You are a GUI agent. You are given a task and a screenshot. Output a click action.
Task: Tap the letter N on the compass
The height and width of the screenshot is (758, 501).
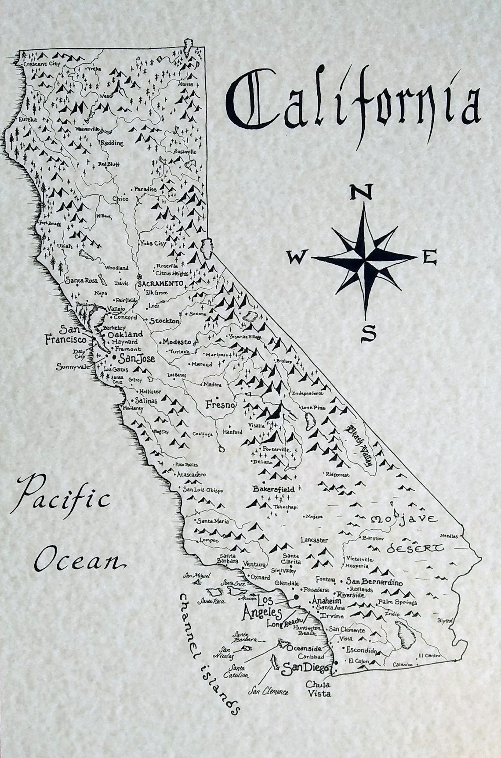[x=362, y=192]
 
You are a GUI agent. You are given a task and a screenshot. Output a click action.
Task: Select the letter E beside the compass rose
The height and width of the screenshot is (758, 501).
[x=429, y=258]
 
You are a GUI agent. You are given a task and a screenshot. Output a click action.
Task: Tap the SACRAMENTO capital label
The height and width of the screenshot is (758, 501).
[x=160, y=284]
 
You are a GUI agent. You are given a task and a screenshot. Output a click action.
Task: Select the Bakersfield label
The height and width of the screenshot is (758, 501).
[x=273, y=488]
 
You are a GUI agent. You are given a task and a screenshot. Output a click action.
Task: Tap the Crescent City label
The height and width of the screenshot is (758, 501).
[x=42, y=64]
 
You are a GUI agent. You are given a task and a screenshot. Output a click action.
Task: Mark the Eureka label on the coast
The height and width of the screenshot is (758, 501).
[x=27, y=119]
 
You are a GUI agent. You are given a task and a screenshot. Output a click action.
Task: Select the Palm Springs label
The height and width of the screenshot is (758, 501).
[x=397, y=603]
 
